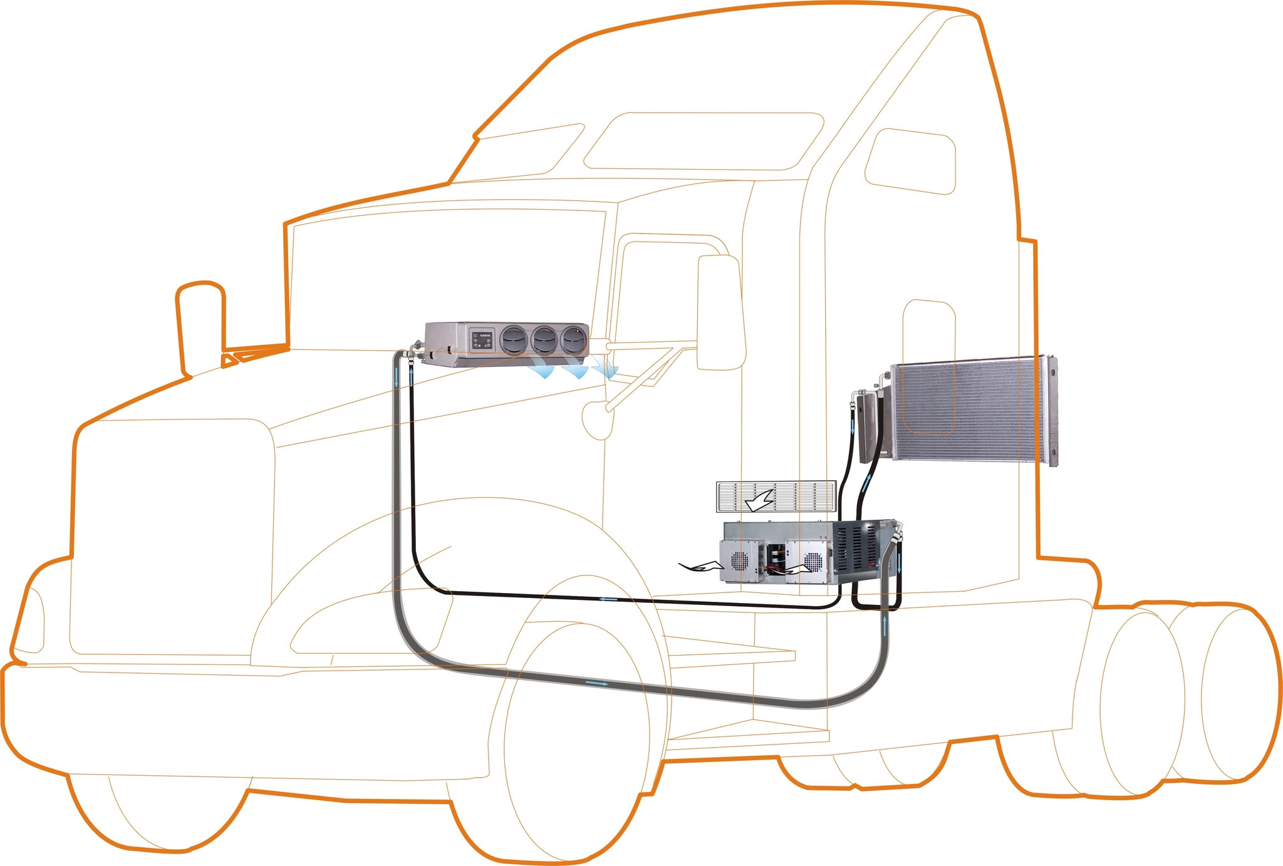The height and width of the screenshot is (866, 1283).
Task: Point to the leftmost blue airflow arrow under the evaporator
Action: click(542, 371)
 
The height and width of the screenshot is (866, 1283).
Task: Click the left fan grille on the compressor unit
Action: click(740, 561)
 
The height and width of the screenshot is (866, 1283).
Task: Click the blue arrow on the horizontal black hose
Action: click(608, 600)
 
